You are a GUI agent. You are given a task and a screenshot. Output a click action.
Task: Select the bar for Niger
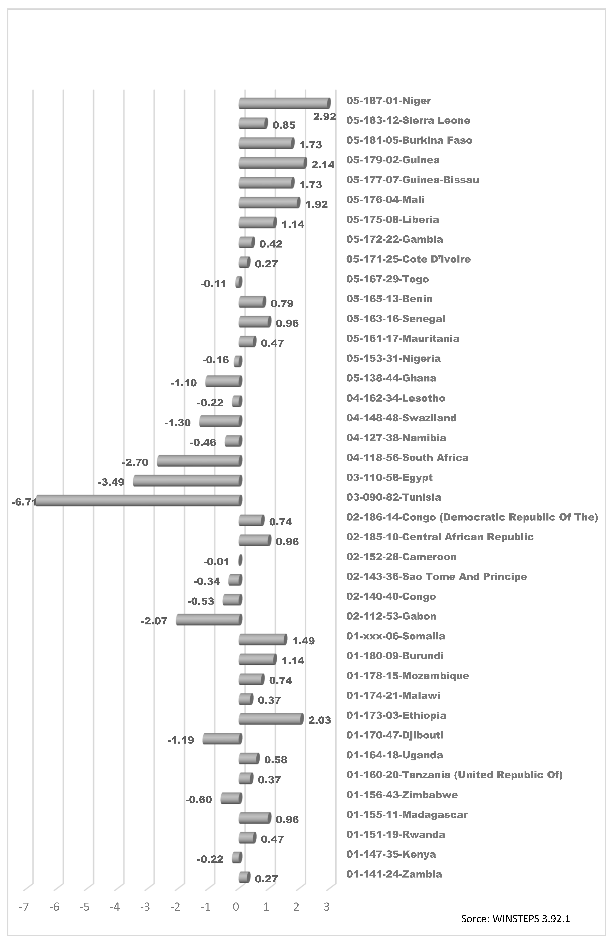click(x=284, y=104)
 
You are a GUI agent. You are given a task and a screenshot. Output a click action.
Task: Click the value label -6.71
click(x=24, y=502)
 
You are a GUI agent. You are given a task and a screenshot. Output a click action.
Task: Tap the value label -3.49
click(x=111, y=482)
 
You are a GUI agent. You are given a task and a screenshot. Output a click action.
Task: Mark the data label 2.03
click(x=319, y=720)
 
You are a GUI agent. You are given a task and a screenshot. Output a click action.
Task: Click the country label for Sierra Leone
click(x=408, y=121)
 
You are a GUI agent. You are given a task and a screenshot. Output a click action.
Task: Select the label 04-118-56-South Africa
click(x=407, y=458)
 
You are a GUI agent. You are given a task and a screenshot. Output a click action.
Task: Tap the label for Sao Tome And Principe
click(x=437, y=577)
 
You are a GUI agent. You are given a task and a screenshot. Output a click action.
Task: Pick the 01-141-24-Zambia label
click(x=394, y=874)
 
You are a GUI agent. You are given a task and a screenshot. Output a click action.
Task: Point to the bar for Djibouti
click(x=222, y=738)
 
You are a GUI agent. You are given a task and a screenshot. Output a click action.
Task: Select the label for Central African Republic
click(x=440, y=537)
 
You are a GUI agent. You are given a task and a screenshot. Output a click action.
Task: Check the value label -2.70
click(x=135, y=462)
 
